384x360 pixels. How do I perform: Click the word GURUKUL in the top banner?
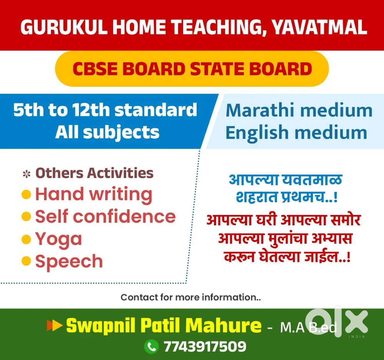coord(64,27)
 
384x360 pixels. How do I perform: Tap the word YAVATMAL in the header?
coord(319,27)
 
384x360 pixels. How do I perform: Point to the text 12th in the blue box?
coord(91,110)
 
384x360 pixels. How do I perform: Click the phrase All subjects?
coord(107,132)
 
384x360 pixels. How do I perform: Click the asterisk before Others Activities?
coord(26,174)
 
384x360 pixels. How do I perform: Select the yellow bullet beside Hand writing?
coord(26,195)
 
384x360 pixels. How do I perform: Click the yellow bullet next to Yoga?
coord(26,239)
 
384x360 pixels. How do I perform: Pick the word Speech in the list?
coord(69,262)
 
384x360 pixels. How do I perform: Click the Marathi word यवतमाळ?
coord(312,180)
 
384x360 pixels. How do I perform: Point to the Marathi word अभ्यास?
coord(332,238)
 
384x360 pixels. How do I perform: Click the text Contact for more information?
coord(190,297)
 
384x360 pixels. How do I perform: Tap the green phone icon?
coord(151,347)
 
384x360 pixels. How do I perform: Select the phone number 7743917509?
coord(205,347)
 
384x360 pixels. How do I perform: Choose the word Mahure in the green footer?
coord(223,325)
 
